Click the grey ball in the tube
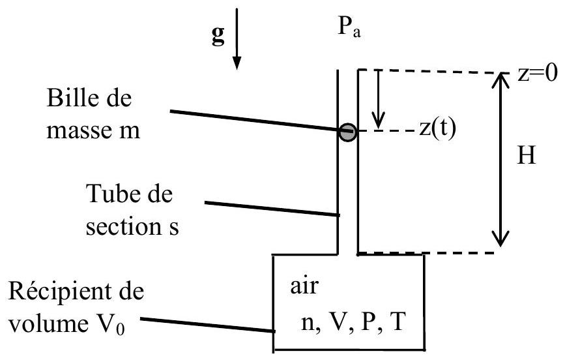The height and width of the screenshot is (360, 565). pos(347,132)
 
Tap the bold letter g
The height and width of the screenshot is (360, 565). pos(218,35)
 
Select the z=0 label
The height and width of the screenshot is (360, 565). pos(537,73)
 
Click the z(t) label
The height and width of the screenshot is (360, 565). pos(437,128)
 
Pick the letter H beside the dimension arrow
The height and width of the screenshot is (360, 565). pos(527,155)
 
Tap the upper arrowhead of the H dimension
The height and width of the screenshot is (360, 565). pos(500,80)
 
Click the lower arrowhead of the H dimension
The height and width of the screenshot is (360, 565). pos(500,239)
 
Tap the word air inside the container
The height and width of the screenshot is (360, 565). pos(304,286)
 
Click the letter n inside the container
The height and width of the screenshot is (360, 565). pos(307,323)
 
